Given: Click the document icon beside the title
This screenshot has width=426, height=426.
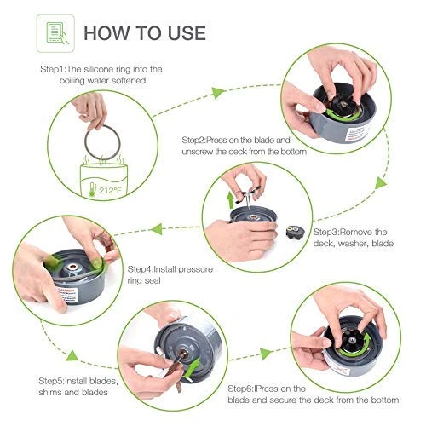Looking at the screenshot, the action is coord(55,33).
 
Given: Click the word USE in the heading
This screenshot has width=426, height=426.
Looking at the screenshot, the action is coord(187,33).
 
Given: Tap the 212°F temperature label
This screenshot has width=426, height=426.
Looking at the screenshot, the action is coord(110,190).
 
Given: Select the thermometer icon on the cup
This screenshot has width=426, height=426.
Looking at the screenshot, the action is coord(92,189).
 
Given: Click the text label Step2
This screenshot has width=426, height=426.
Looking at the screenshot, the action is coord(194,141).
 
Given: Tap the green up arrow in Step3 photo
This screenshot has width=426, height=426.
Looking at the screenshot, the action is coord(230,200).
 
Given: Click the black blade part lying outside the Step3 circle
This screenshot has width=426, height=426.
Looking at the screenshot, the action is coord(296,232).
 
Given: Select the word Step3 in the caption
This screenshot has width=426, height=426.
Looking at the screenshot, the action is coord(326,232).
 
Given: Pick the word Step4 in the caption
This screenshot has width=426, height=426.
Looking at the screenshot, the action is coord(140,269).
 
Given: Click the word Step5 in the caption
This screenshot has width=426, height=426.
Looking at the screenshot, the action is coord(51,381).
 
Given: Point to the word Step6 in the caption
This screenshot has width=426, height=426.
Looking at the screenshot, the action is coord(240,389).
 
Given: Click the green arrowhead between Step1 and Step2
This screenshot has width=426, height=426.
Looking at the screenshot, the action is coord(218,93).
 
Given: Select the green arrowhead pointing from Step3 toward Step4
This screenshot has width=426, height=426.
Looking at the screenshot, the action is coord(157,229).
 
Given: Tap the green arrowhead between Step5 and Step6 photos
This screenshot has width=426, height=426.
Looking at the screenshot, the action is coord(266,354).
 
